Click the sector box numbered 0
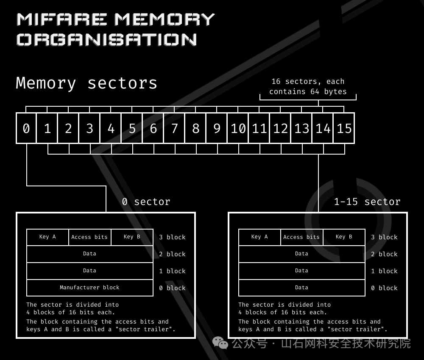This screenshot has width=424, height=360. [x=26, y=128]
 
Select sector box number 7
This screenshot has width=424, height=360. [x=174, y=128]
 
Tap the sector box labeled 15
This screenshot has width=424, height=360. [x=344, y=128]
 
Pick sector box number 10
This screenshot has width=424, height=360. [x=238, y=128]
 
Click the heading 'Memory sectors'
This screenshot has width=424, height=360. [x=86, y=83]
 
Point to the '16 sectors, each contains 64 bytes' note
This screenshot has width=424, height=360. [x=308, y=86]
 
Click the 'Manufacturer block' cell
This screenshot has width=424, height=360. [x=89, y=288]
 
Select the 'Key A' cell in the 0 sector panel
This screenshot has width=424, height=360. [x=47, y=237]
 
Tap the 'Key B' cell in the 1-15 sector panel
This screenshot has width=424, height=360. [x=344, y=237]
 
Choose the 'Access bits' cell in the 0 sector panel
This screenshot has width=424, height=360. [x=89, y=237]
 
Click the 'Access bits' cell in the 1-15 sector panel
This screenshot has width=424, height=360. [x=301, y=237]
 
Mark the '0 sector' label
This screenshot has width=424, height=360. [x=146, y=202]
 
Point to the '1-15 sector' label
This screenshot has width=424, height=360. [x=367, y=202]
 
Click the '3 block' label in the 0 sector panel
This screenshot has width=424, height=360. [x=172, y=237]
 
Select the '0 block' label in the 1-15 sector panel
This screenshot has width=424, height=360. [x=384, y=288]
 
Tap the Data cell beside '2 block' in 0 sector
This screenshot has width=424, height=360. [x=89, y=254]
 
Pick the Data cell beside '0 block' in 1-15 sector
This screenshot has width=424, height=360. [x=301, y=288]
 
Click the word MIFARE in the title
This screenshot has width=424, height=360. [x=62, y=19]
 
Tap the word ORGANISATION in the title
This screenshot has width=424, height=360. [x=106, y=39]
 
